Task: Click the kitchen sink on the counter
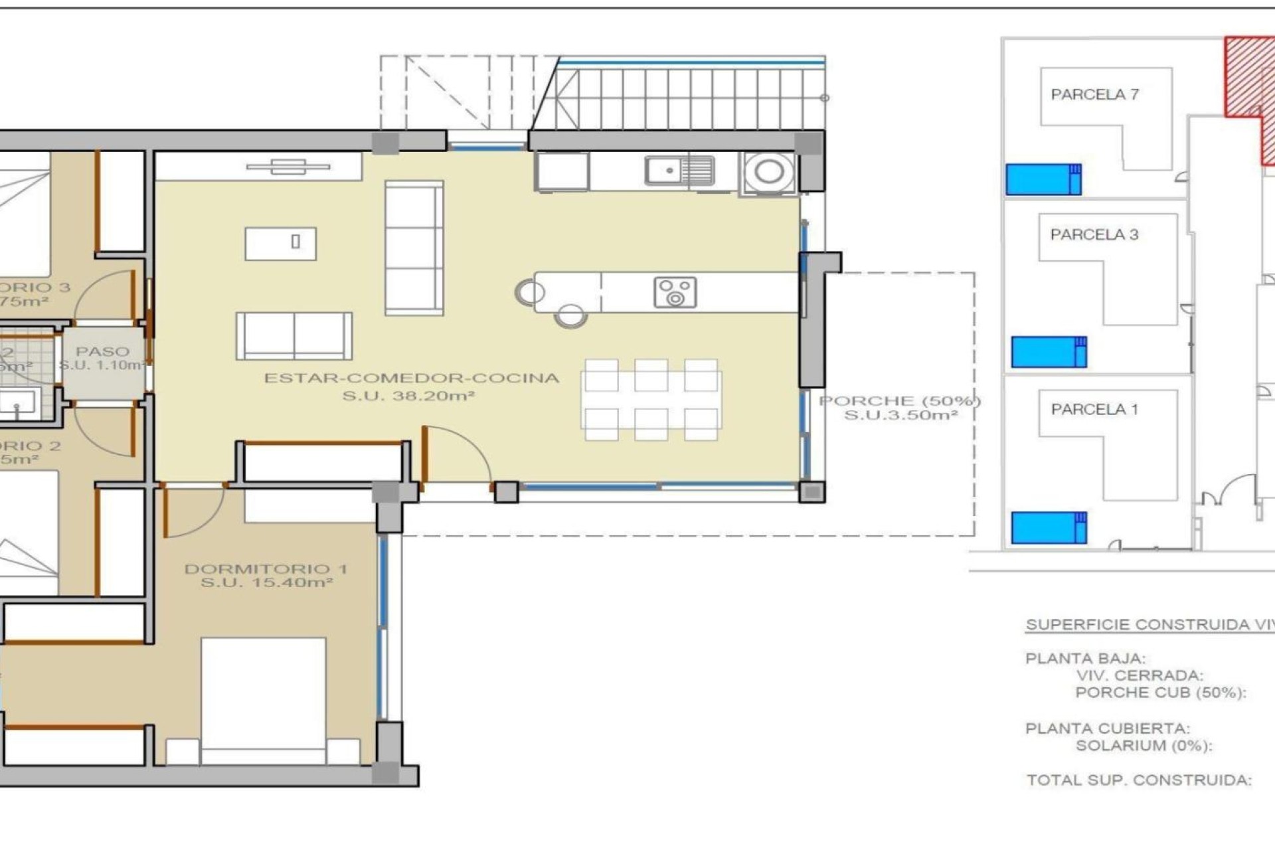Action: (x=679, y=171)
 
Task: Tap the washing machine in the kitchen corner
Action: (x=769, y=172)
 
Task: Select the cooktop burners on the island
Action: (x=675, y=293)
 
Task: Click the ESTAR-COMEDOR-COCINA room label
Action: (x=412, y=379)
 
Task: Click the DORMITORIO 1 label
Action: (x=266, y=569)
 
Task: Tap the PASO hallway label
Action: (x=102, y=351)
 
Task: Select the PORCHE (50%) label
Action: (x=899, y=401)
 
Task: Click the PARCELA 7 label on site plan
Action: (x=1094, y=95)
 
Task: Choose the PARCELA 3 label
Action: (x=1094, y=234)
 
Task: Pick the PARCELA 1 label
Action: (x=1094, y=410)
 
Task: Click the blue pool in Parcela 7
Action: (x=1043, y=179)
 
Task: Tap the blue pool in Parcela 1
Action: (x=1048, y=528)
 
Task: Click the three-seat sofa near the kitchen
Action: (x=414, y=248)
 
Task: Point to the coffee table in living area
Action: (x=280, y=244)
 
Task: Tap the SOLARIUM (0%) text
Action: (x=1144, y=746)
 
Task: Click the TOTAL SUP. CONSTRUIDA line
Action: (x=1138, y=780)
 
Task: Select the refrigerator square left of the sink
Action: (x=562, y=172)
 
